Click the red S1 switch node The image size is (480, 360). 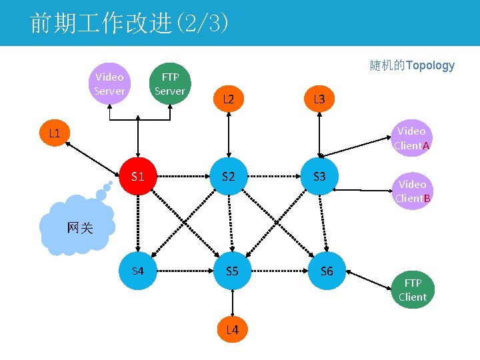click(138, 177)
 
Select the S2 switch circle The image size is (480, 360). click(229, 177)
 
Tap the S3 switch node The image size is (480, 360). click(319, 177)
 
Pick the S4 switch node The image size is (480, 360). click(138, 271)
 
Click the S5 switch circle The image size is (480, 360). click(232, 271)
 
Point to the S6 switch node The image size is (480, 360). click(327, 271)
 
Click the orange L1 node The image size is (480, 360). click(55, 133)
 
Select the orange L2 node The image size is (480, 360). click(229, 99)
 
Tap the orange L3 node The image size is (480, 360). click(319, 99)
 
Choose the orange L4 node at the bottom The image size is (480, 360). click(232, 329)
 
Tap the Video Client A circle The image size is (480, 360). click(411, 138)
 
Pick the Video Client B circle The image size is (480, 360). click(412, 191)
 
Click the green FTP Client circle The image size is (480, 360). click(412, 290)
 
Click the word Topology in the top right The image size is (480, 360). click(430, 65)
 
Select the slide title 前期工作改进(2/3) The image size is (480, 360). click(130, 23)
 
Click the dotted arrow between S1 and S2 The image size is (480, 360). click(183, 177)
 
